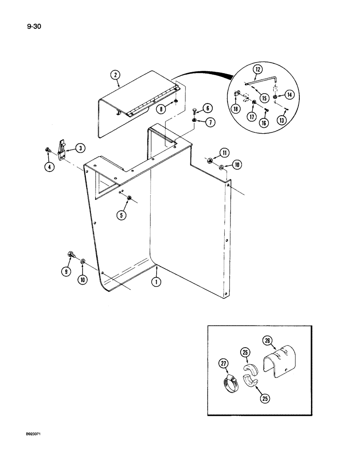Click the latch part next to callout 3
(x=62, y=148)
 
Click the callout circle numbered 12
(x=258, y=69)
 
